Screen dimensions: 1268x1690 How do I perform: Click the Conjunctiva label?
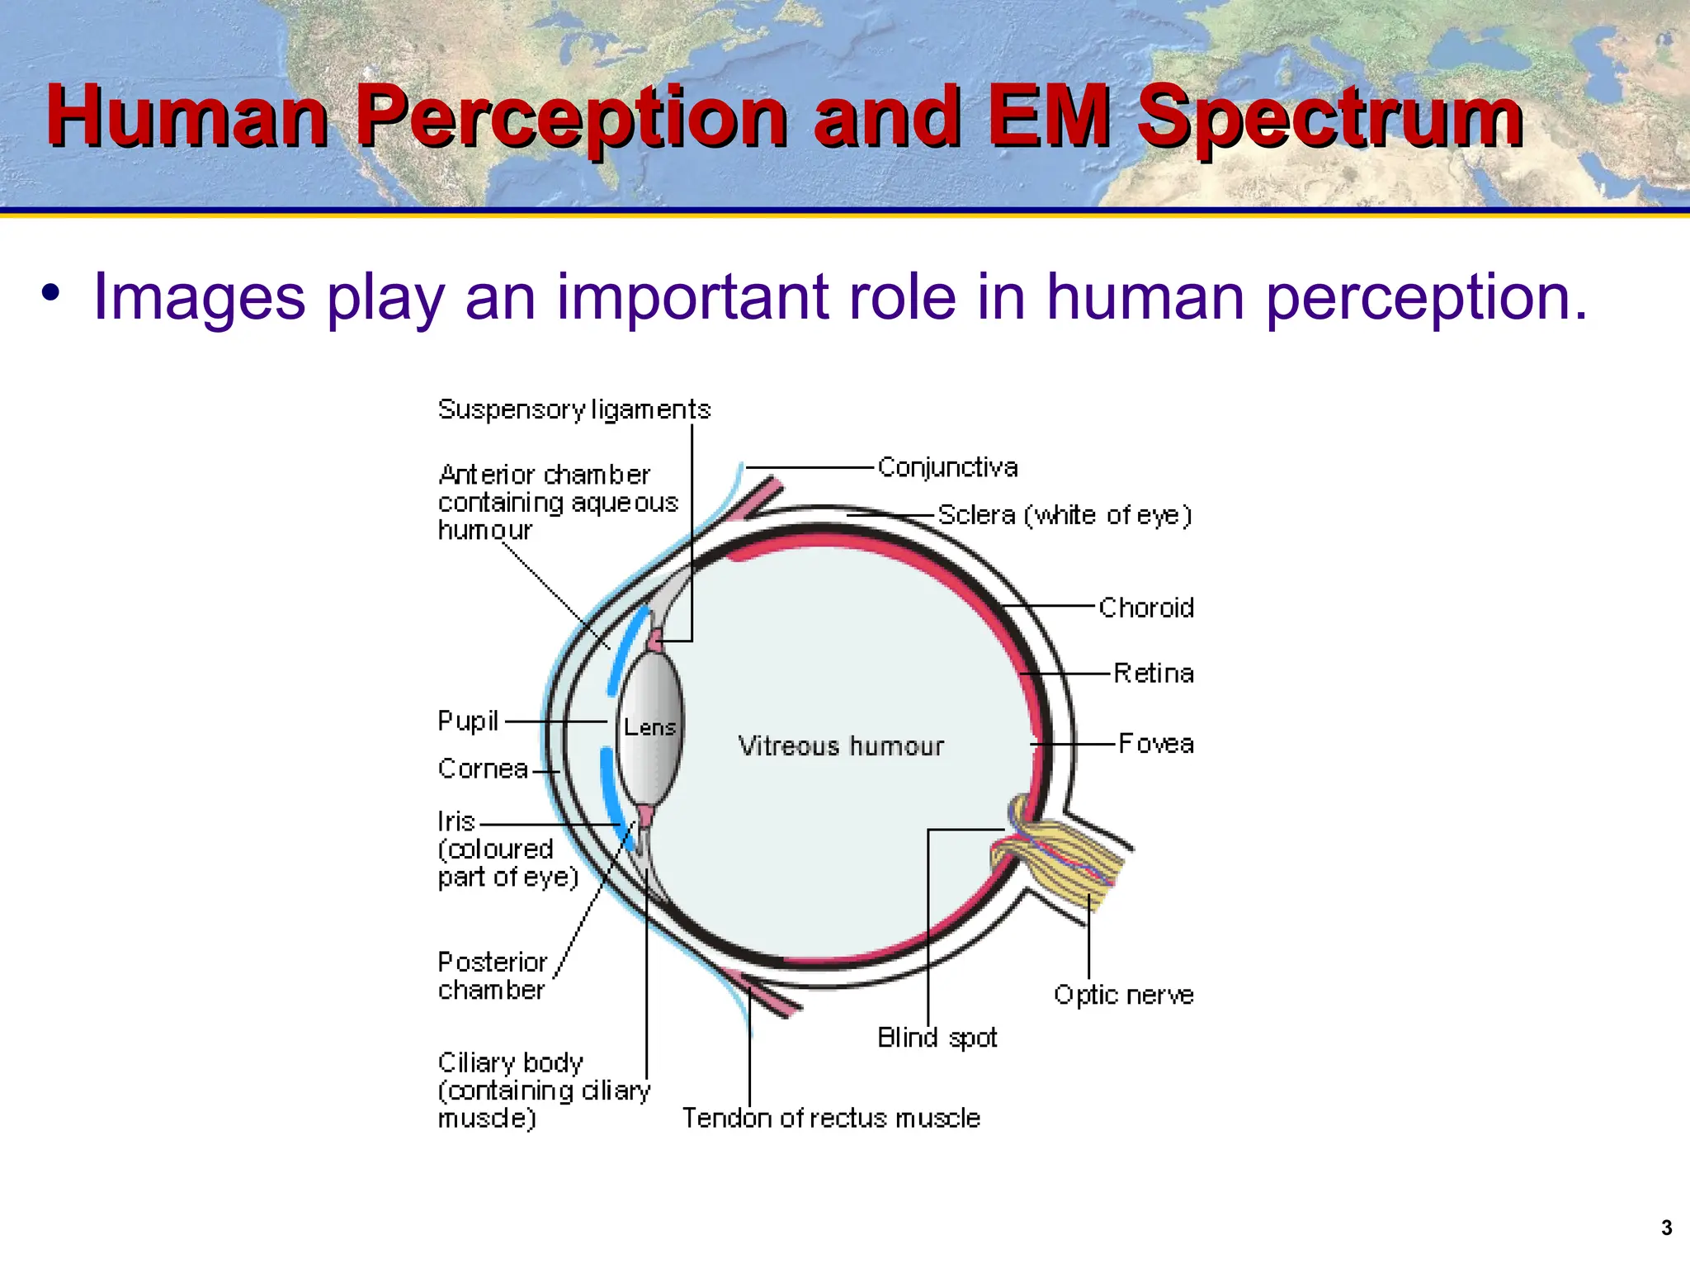pos(947,467)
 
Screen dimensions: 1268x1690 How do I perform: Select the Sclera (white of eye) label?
pos(1065,515)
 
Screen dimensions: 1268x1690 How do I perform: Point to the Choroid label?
pos(1146,608)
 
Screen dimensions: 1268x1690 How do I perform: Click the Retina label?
pos(1154,673)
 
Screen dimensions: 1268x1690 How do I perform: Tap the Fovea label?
pos(1156,743)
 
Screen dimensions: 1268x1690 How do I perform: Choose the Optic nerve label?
pos(1123,995)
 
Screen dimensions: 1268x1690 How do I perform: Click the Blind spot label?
pos(937,1037)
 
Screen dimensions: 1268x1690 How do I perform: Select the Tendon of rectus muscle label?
pos(831,1118)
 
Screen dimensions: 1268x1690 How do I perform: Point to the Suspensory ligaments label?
pos(574,409)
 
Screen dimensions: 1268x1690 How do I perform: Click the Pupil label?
pos(468,721)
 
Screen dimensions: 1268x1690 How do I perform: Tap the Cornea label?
pos(483,769)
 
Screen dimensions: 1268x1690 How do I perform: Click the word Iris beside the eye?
pos(456,821)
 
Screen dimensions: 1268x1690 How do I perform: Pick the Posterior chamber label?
pos(492,976)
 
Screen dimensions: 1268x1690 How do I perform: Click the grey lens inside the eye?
pos(650,759)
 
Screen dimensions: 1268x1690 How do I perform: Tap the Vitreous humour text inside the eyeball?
pos(840,746)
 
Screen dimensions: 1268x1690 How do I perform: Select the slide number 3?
pos(1666,1228)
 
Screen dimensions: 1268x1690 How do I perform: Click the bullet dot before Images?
pos(51,294)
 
